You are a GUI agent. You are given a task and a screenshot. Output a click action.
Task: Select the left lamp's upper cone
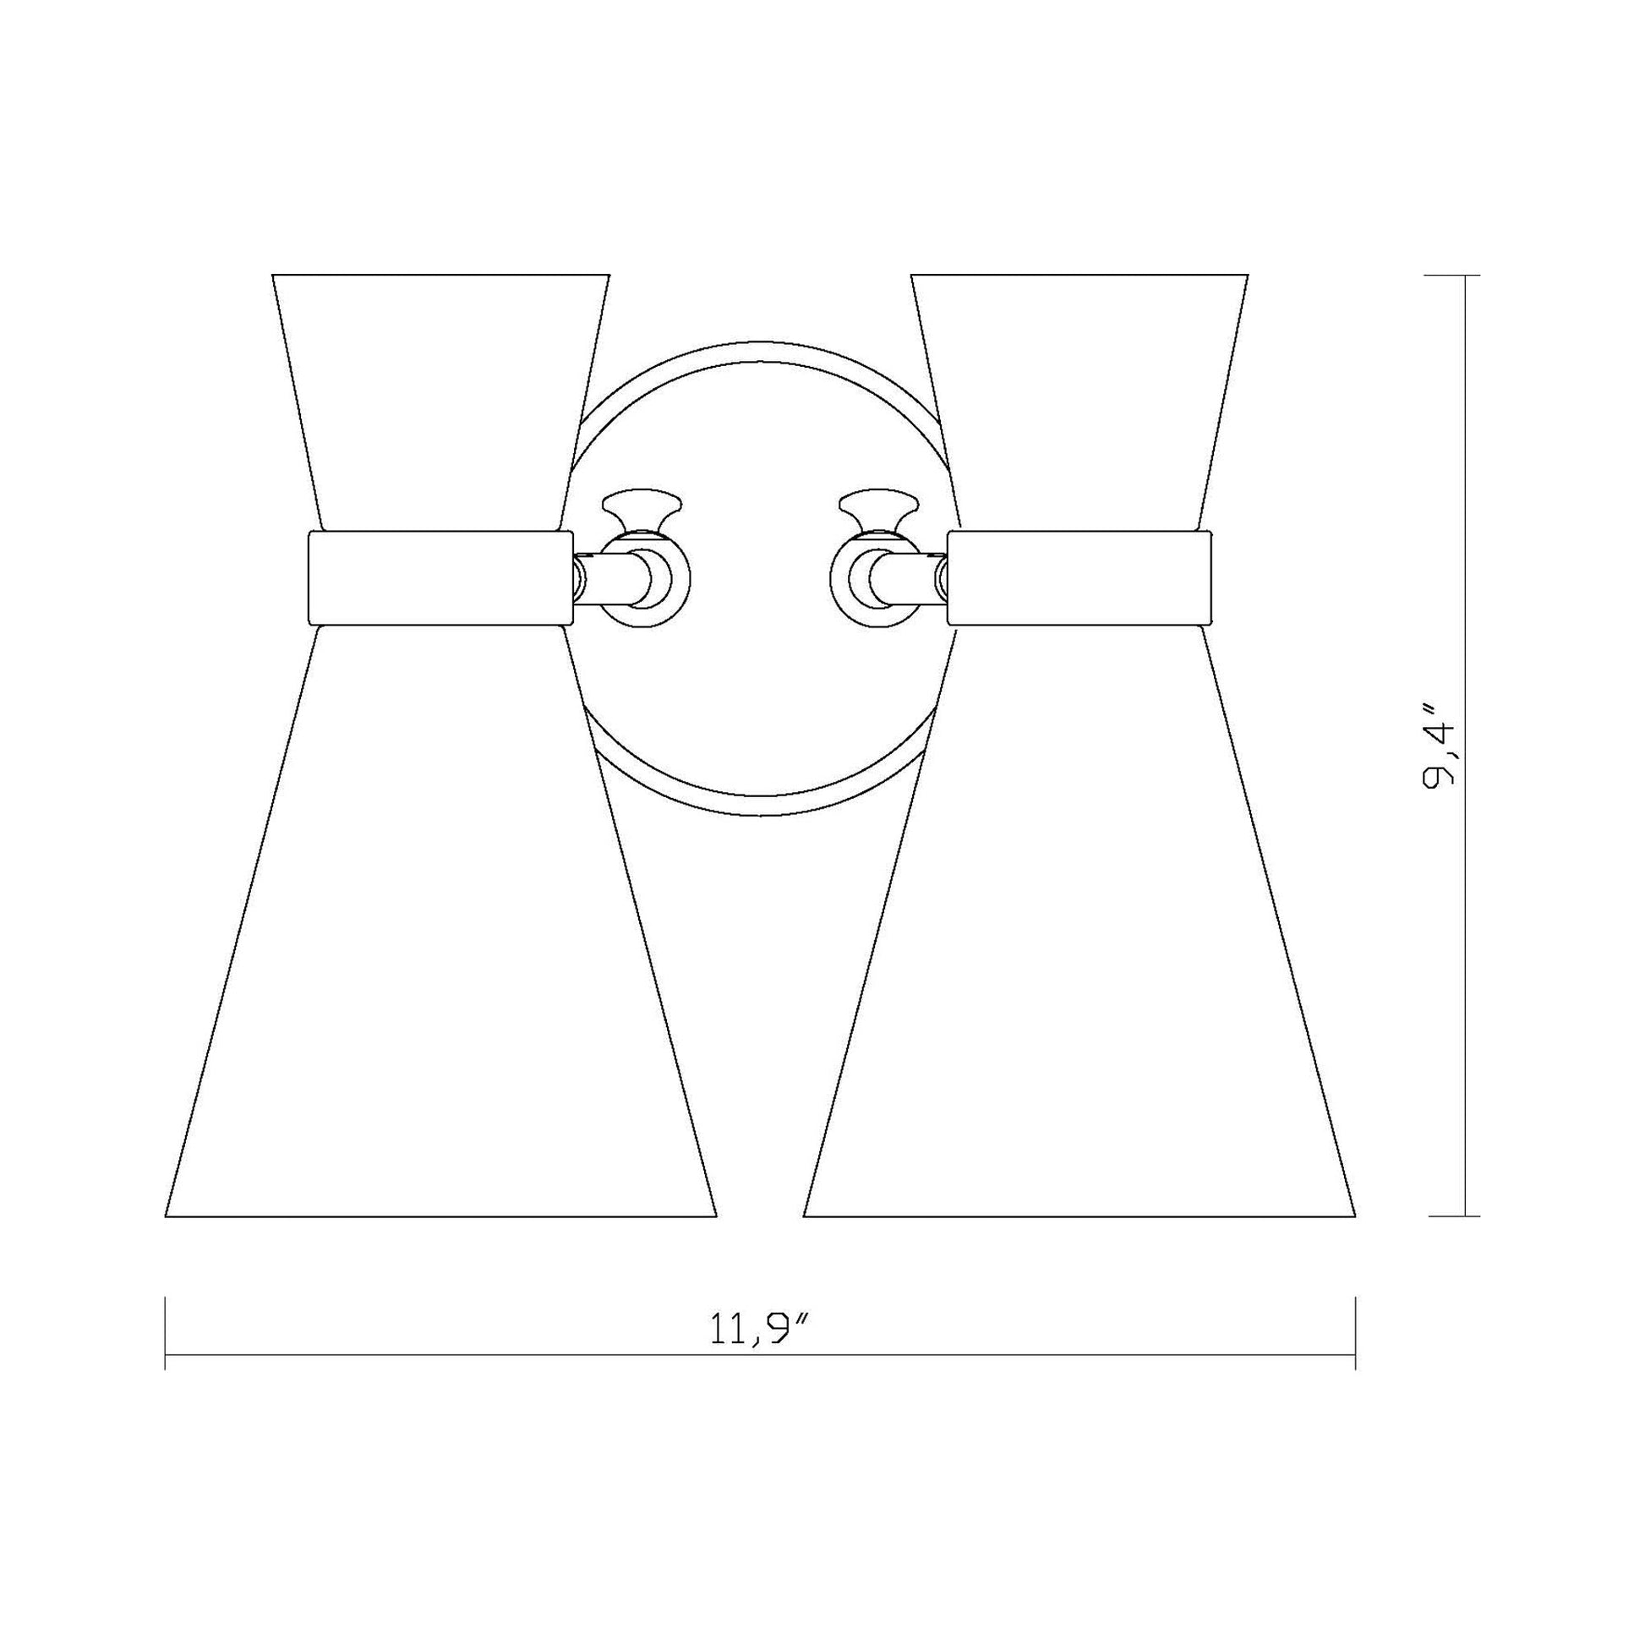(440, 400)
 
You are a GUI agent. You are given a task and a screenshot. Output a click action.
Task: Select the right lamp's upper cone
(1079, 400)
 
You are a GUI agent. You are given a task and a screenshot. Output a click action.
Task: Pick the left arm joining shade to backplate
(608, 578)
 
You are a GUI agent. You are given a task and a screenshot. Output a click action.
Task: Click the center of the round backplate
(759, 579)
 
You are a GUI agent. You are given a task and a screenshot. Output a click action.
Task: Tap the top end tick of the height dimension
(1464, 275)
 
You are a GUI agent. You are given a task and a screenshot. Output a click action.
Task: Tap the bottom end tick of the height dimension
(1464, 1216)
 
